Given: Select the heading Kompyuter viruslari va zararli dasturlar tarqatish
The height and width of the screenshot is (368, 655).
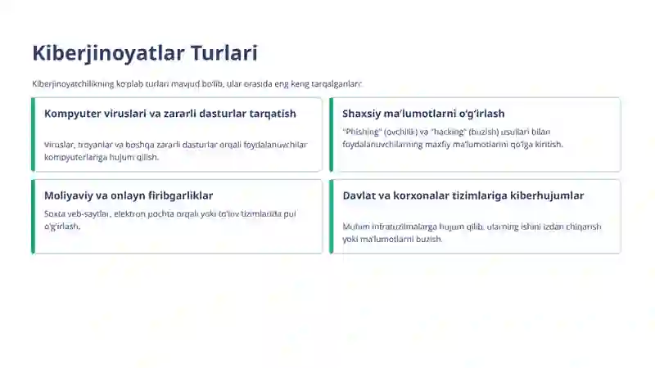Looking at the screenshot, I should click(169, 114).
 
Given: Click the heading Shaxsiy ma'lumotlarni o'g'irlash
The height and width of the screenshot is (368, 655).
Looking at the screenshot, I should click(423, 114).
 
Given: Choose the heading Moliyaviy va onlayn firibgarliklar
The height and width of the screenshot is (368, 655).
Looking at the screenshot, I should click(129, 195).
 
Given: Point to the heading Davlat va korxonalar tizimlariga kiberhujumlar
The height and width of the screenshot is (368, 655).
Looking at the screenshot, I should click(463, 195).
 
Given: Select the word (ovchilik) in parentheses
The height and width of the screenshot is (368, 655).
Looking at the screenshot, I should click(401, 132).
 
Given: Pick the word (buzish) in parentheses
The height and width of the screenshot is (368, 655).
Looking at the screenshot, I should click(485, 132).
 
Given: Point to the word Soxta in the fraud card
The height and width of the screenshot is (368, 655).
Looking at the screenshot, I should click(55, 213).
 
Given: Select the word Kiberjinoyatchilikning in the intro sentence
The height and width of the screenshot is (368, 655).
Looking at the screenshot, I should click(72, 83).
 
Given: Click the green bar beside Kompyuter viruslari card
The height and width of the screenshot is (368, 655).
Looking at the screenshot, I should click(33, 134).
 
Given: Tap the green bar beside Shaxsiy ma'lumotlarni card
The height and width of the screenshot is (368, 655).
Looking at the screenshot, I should click(331, 134).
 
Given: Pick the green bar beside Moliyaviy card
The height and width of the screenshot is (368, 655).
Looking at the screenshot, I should click(33, 216).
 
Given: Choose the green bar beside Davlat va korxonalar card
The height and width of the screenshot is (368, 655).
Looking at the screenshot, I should click(331, 216).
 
